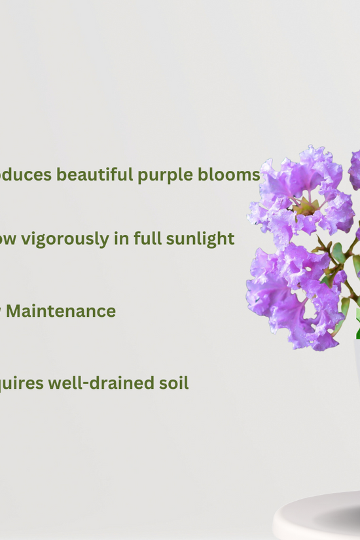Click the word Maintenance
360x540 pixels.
pyautogui.click(x=61, y=311)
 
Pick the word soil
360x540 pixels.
pyautogui.click(x=173, y=383)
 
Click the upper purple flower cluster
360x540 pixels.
pyautogui.click(x=301, y=193)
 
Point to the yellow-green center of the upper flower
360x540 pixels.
pyautogui.click(x=306, y=207)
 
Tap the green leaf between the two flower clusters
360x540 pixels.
pyautogui.click(x=338, y=252)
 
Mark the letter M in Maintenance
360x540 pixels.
pyautogui.click(x=14, y=311)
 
